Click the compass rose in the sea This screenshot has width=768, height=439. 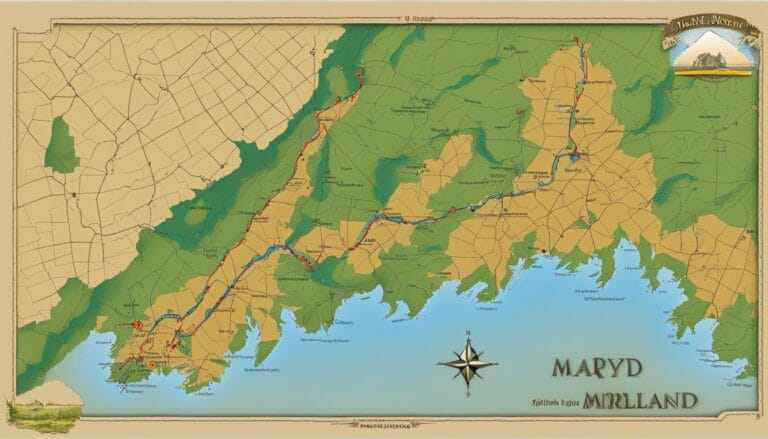coord(467,363)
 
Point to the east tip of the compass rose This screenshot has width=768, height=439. coord(497,363)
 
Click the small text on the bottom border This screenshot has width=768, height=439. coord(385,426)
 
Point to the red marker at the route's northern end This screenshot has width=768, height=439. coord(575,41)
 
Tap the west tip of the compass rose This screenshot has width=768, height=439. coord(437,363)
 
